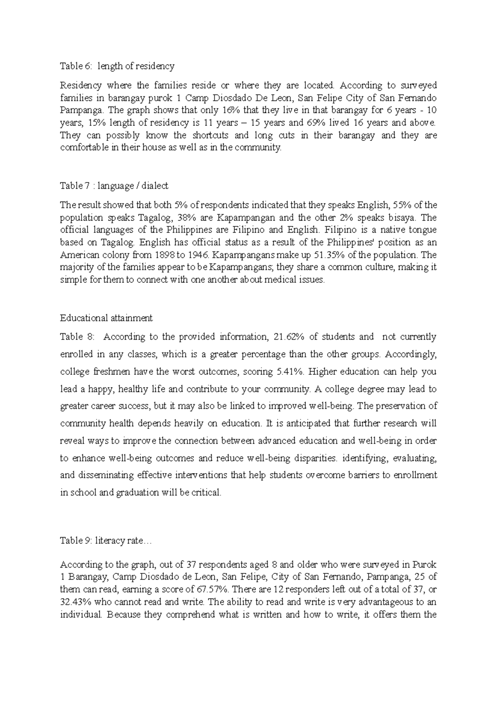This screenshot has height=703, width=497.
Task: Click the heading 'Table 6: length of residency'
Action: point(117,66)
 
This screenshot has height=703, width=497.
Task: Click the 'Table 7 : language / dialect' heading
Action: point(114,186)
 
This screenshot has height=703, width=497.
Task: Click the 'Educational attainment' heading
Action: point(106,318)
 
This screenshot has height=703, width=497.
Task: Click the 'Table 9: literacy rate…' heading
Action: point(106,541)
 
